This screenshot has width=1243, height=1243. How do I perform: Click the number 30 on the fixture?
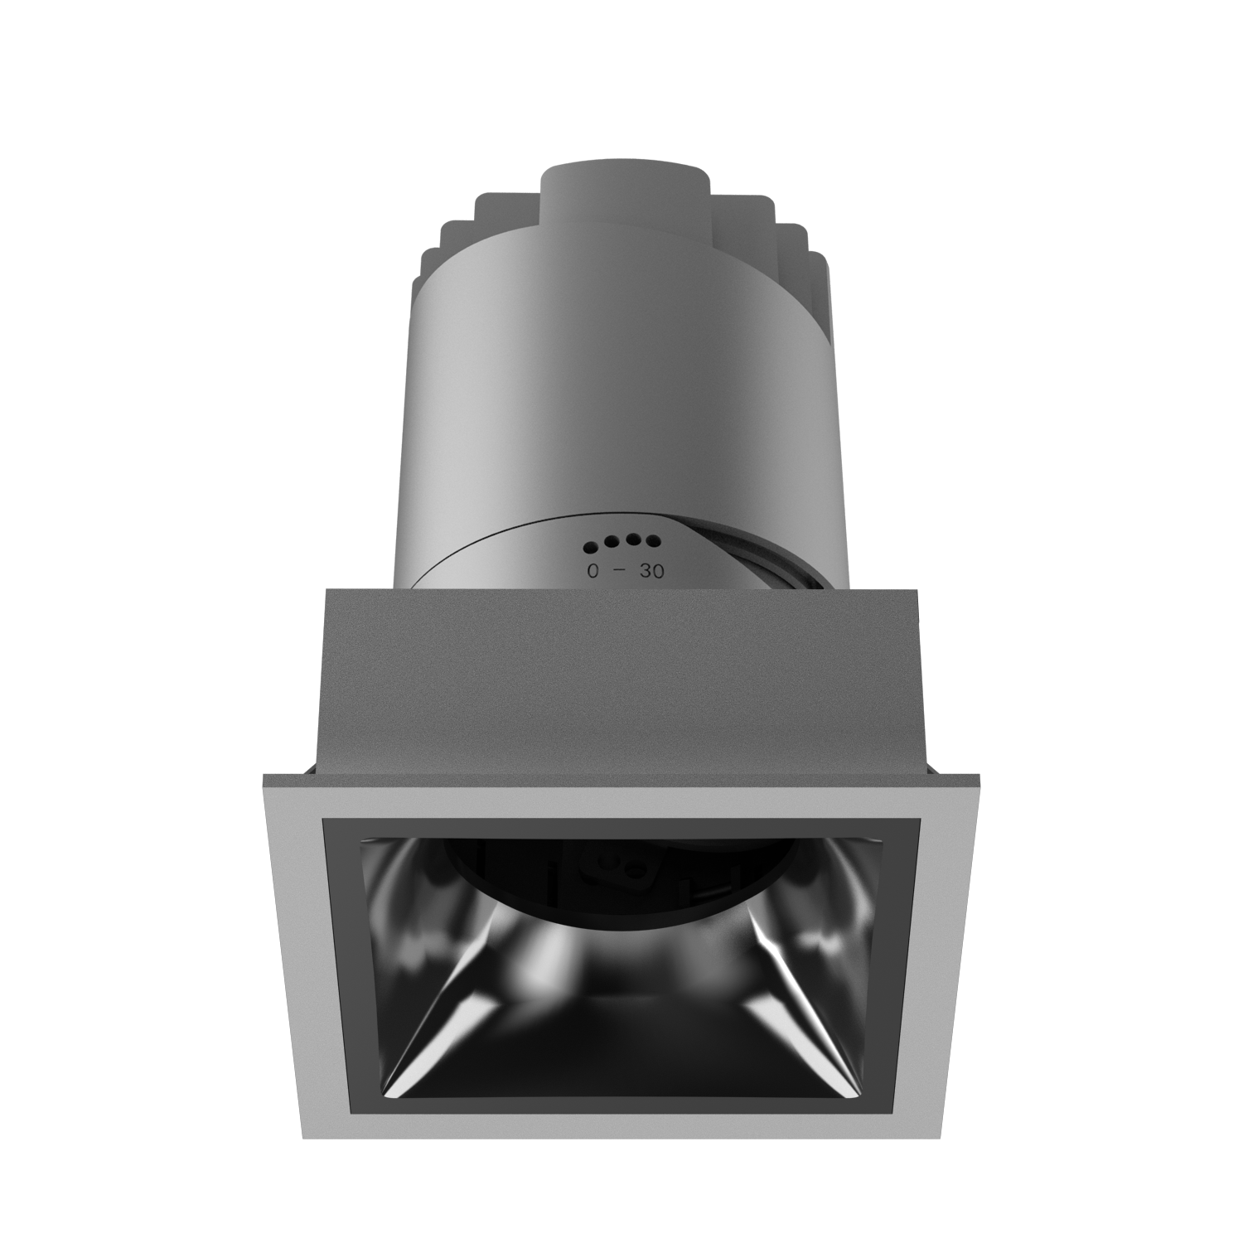coord(652,571)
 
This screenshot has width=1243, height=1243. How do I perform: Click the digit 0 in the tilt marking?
coord(592,571)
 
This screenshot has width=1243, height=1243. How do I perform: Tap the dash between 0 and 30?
coord(621,571)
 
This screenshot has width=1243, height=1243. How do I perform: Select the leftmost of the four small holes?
coord(591,547)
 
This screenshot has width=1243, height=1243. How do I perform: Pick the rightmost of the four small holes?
coord(653,542)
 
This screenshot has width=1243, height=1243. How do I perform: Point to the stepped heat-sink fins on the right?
coord(796,249)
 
